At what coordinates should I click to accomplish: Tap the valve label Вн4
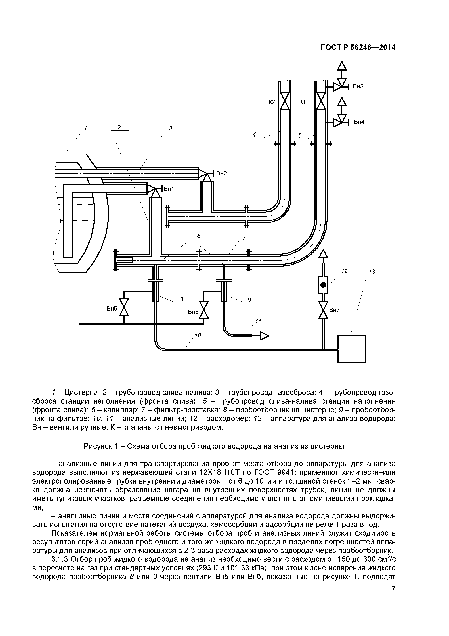tap(359, 122)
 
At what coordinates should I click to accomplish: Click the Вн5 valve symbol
tap(124, 307)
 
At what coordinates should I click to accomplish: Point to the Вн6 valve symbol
tap(204, 310)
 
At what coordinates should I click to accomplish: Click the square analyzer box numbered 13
tap(351, 349)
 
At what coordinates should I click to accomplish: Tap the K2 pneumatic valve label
tap(272, 102)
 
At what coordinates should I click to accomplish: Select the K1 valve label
tap(302, 102)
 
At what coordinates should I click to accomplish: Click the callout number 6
tap(199, 236)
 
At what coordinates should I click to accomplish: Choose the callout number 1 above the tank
tap(85, 128)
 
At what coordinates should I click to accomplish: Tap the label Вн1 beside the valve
tap(169, 189)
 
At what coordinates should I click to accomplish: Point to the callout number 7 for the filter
tap(244, 238)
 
